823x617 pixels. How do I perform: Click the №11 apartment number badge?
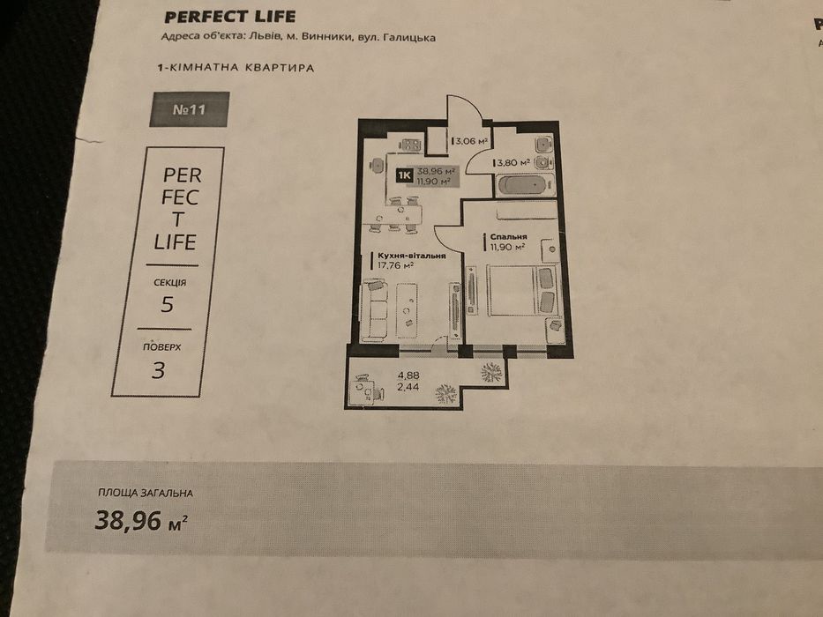point(190,109)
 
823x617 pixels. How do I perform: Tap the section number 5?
point(167,305)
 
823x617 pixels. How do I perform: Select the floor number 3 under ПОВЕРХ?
point(158,370)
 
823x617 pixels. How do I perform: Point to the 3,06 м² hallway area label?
point(472,141)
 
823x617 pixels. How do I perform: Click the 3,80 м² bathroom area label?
point(513,163)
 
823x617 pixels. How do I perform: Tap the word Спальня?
point(508,237)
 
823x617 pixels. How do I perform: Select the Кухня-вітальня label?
point(411,256)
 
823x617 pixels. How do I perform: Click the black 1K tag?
point(404,175)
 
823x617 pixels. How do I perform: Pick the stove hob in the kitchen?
point(411,145)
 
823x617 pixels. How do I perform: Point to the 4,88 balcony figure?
point(408,375)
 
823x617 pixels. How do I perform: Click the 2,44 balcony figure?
point(408,387)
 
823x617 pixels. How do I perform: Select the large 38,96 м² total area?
point(141,521)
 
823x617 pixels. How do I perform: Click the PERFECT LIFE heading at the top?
point(230,17)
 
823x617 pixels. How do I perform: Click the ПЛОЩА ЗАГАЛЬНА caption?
point(146,494)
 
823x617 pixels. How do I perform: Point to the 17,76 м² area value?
point(396,265)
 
